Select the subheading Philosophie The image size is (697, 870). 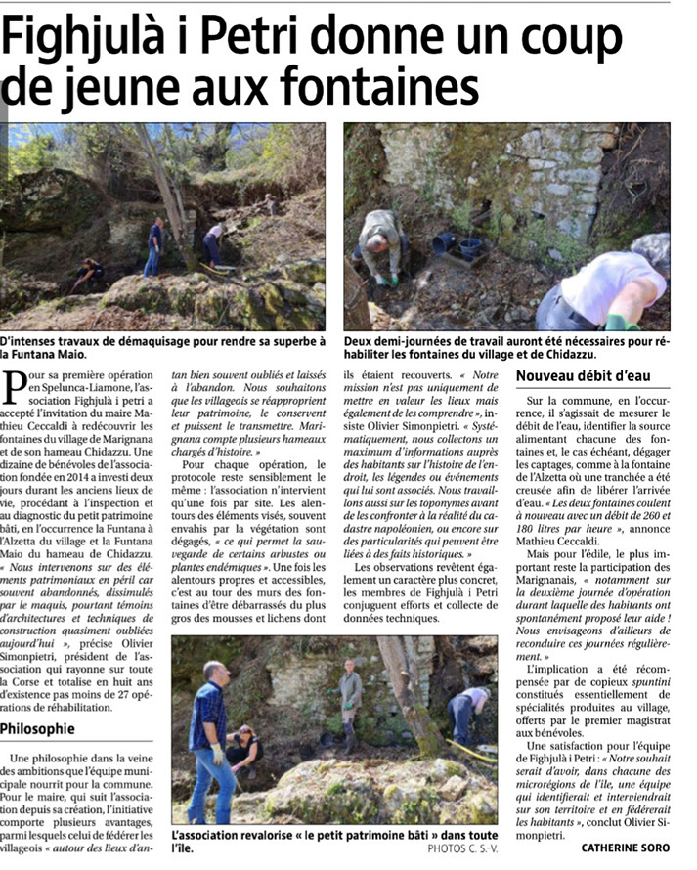click(x=38, y=728)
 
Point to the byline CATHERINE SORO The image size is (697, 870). click(x=625, y=848)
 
